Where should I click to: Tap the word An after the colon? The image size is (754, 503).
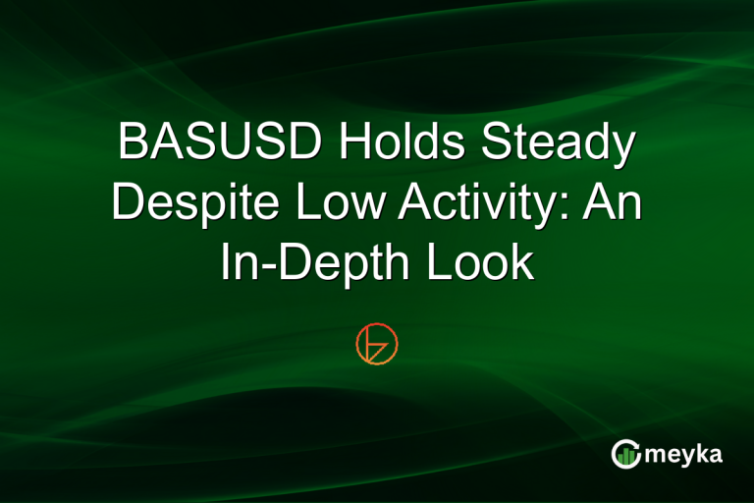tap(614, 206)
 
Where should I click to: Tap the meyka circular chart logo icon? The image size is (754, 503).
tap(625, 453)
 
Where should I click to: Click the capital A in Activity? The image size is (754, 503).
tap(414, 206)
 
